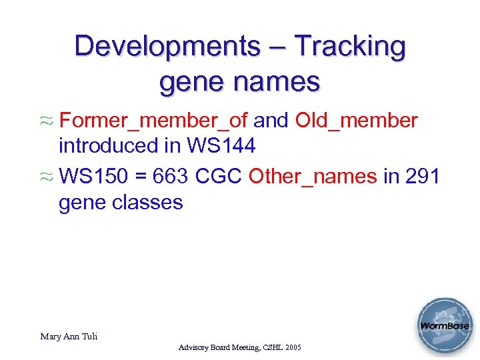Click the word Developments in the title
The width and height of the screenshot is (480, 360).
[x=167, y=47]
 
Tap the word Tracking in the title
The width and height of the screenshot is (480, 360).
[x=350, y=47]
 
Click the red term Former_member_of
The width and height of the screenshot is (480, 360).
[x=153, y=121]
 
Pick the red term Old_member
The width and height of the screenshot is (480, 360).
[x=357, y=121]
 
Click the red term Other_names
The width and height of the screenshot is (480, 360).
[x=312, y=176]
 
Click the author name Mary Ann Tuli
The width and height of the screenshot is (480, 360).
[x=69, y=336]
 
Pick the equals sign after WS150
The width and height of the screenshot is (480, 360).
[x=141, y=176]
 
